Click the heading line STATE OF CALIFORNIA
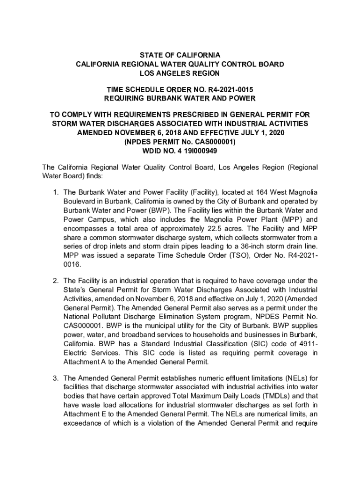(180, 55)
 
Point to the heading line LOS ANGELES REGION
(180, 73)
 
